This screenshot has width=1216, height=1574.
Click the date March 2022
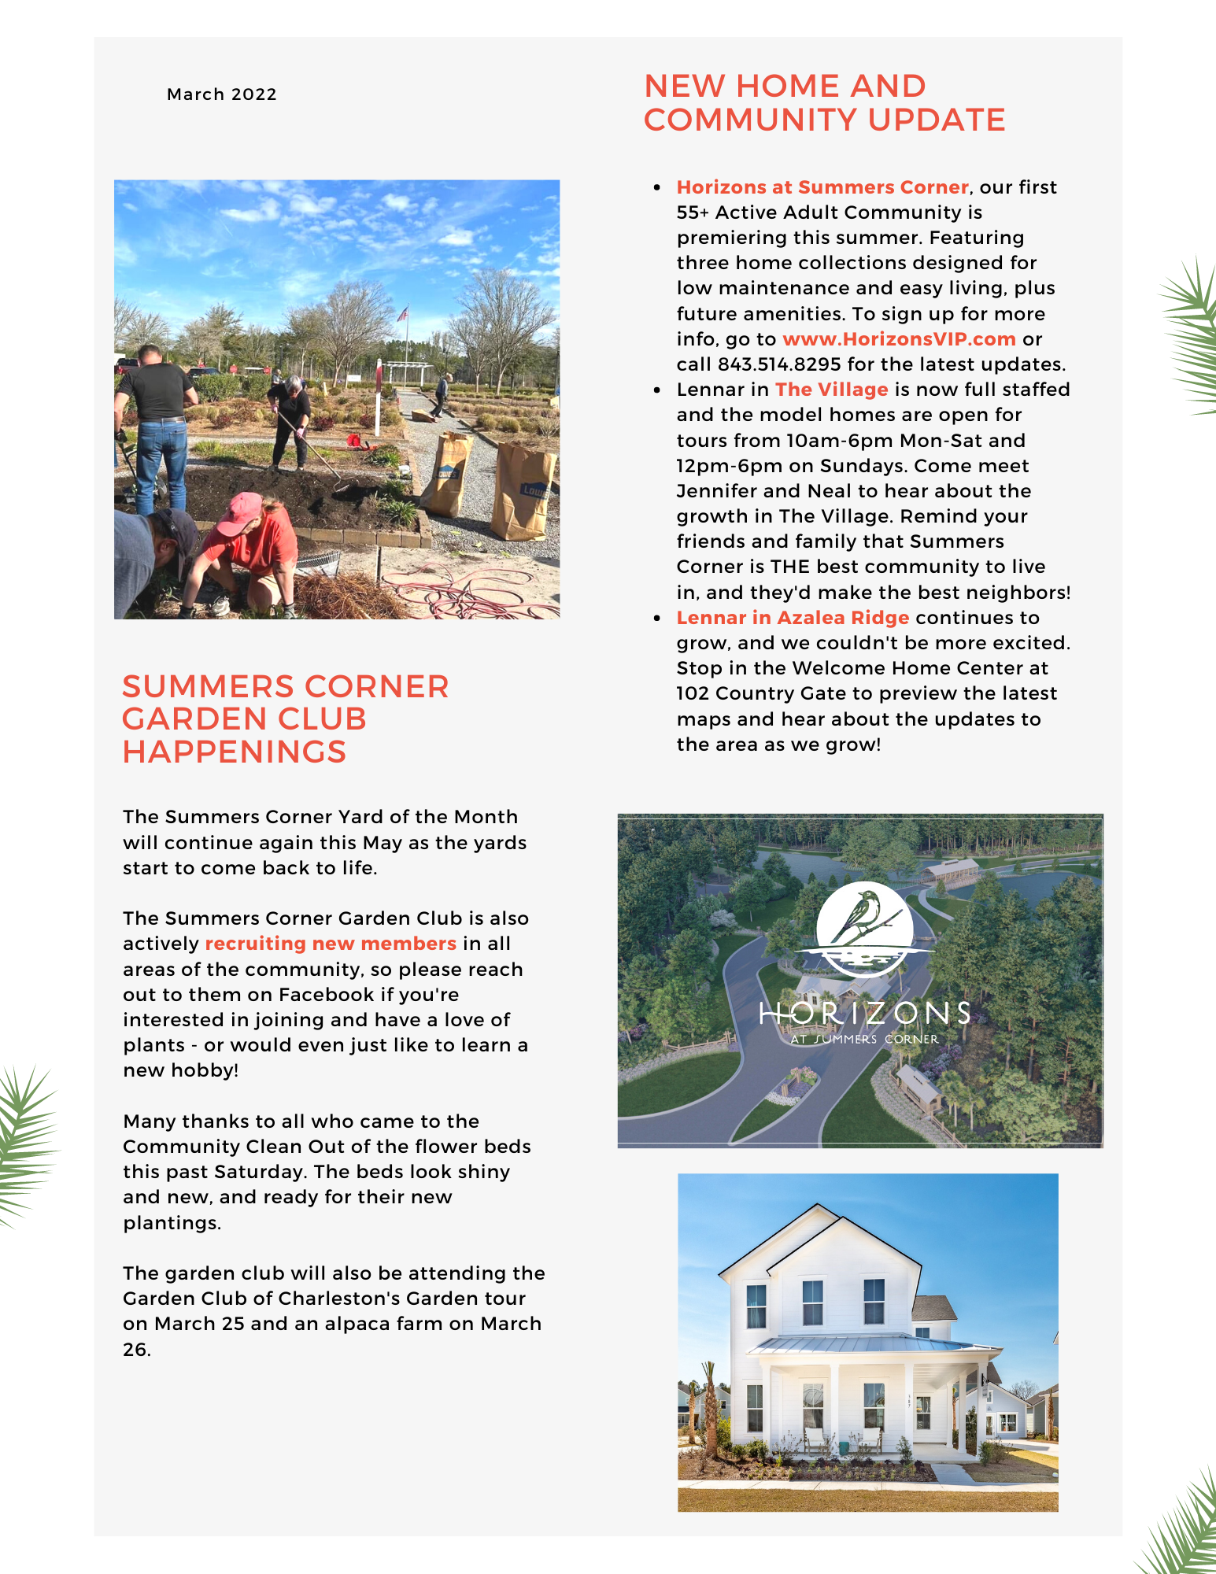tap(222, 94)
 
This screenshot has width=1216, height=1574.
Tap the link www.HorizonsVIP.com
tap(899, 339)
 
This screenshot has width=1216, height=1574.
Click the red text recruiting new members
tap(331, 944)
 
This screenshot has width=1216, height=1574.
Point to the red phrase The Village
tap(831, 390)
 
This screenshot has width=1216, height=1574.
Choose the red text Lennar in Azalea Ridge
tap(793, 618)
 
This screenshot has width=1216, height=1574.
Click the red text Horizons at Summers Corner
tap(822, 187)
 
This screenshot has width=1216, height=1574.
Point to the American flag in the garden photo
tap(403, 314)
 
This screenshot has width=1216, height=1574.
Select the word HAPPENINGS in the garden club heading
tap(235, 752)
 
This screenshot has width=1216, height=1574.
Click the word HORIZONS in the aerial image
tap(864, 1014)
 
